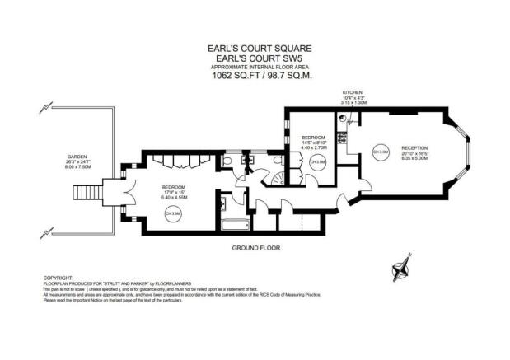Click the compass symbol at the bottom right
point(400,267)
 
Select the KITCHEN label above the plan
point(353,93)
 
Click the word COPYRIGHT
point(58,278)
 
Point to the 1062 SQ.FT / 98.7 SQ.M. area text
point(254,76)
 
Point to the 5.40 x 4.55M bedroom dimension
point(173,198)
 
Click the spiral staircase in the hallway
point(269,177)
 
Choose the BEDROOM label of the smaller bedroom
point(314,137)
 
